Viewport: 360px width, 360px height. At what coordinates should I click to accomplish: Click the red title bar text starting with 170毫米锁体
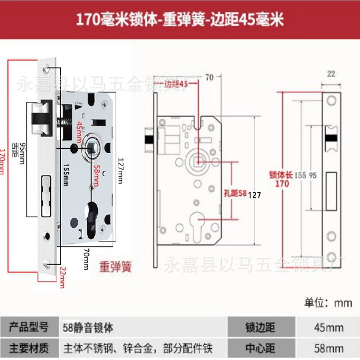180,20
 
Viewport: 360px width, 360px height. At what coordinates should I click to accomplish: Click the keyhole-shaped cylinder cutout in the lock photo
92,216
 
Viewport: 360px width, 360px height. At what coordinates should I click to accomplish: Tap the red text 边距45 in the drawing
176,84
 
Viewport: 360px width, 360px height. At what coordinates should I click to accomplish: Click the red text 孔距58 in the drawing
235,193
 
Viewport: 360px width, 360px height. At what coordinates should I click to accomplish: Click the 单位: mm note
328,302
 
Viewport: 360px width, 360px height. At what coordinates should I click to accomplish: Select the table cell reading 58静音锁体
88,327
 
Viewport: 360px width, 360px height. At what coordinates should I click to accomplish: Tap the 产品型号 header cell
28,327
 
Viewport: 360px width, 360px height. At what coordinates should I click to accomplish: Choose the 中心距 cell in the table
260,347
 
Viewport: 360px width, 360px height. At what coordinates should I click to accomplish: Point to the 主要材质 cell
28,347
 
